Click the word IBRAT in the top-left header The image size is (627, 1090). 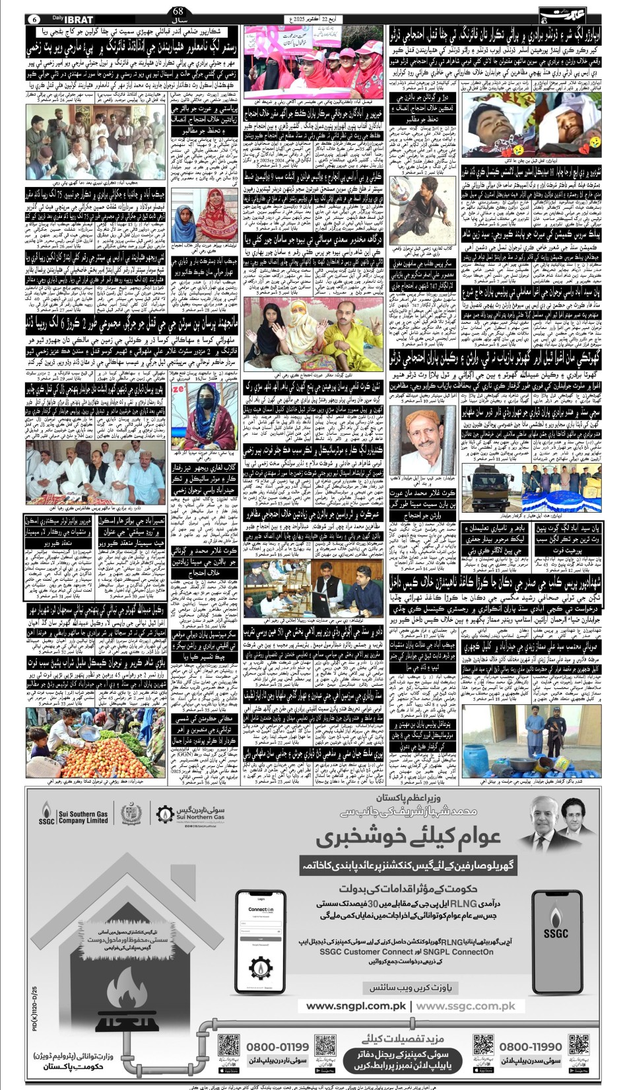click(78, 20)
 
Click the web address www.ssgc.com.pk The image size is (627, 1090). click(466, 1007)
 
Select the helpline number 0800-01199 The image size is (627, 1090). click(277, 1047)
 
